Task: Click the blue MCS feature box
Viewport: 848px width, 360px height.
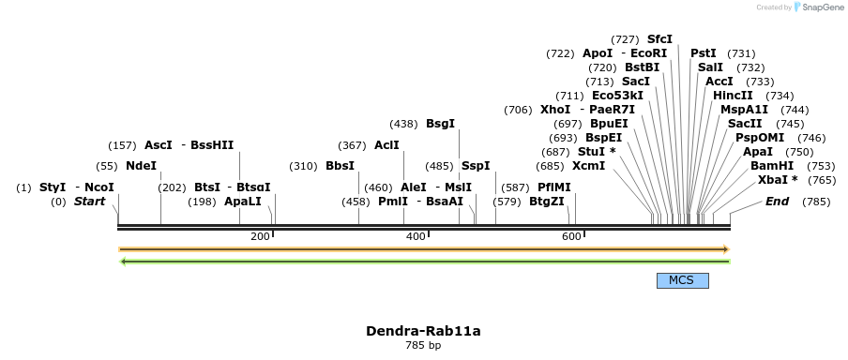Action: pos(682,280)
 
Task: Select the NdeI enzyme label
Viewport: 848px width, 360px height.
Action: pos(141,166)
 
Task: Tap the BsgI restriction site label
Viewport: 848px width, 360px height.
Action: pos(440,124)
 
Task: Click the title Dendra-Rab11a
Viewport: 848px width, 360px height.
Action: pos(423,331)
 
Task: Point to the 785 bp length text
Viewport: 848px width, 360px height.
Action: pos(423,346)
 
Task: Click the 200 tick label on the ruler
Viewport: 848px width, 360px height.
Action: pos(260,236)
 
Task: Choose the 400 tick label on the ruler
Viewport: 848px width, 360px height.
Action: pos(416,236)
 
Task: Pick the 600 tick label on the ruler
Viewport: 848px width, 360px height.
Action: pos(571,236)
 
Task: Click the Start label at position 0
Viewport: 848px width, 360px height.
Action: pos(89,202)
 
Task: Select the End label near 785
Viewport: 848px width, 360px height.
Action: pos(777,202)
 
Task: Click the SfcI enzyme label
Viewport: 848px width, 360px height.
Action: pos(659,39)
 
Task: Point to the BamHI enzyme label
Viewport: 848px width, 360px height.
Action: pos(772,166)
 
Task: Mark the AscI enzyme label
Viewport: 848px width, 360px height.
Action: pos(158,145)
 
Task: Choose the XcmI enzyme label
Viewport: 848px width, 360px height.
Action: pos(588,166)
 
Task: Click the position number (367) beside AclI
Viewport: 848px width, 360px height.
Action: pos(353,145)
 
